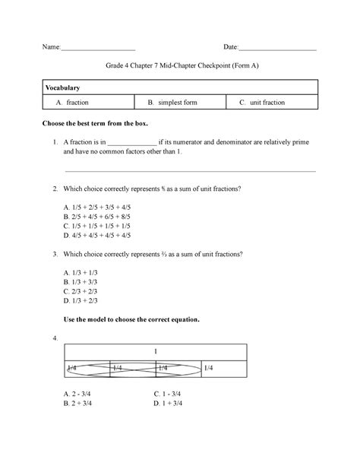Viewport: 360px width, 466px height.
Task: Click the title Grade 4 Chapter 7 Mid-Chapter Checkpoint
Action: point(179,67)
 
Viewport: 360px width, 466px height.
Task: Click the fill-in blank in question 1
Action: point(131,143)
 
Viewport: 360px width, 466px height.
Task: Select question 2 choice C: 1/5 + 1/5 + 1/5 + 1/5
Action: point(98,225)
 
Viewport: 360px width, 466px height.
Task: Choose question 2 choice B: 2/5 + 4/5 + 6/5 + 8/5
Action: point(98,216)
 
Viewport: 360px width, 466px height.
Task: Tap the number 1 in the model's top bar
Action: point(156,352)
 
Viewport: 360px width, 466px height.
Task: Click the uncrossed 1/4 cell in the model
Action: point(225,368)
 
